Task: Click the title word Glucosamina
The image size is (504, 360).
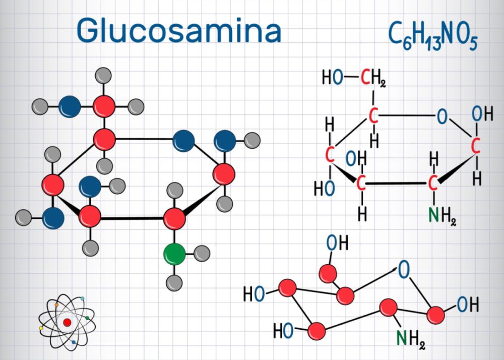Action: [179, 31]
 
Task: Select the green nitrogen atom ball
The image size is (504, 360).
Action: [174, 254]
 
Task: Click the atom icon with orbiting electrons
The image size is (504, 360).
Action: [67, 322]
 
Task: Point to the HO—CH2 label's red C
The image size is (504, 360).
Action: [365, 78]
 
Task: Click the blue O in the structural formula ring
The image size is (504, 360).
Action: [442, 116]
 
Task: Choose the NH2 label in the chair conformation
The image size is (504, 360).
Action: [411, 339]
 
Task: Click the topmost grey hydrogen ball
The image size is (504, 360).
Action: [103, 76]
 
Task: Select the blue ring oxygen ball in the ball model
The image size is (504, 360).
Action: [183, 141]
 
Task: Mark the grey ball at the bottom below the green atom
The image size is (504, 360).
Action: [174, 283]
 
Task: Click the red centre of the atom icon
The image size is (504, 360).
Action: [67, 322]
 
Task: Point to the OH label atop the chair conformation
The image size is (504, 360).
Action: [338, 243]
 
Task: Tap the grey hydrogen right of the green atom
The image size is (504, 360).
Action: [202, 253]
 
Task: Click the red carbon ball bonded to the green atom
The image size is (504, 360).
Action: [174, 219]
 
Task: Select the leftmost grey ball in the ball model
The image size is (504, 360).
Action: [24, 218]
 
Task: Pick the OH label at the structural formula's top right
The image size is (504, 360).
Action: [482, 114]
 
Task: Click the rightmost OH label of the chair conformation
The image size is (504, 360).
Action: [468, 305]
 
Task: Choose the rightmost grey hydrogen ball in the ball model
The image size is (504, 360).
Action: [253, 140]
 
